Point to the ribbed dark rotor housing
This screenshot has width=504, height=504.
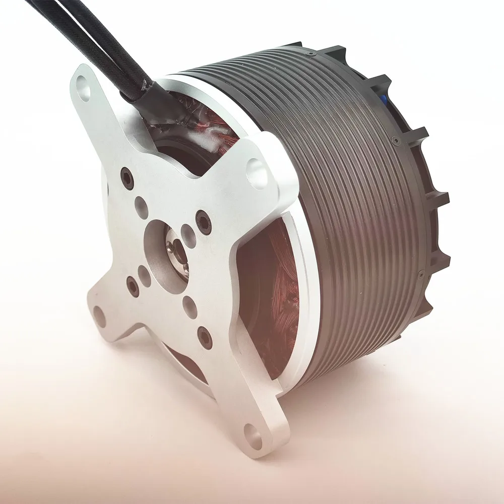(x=353, y=202)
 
